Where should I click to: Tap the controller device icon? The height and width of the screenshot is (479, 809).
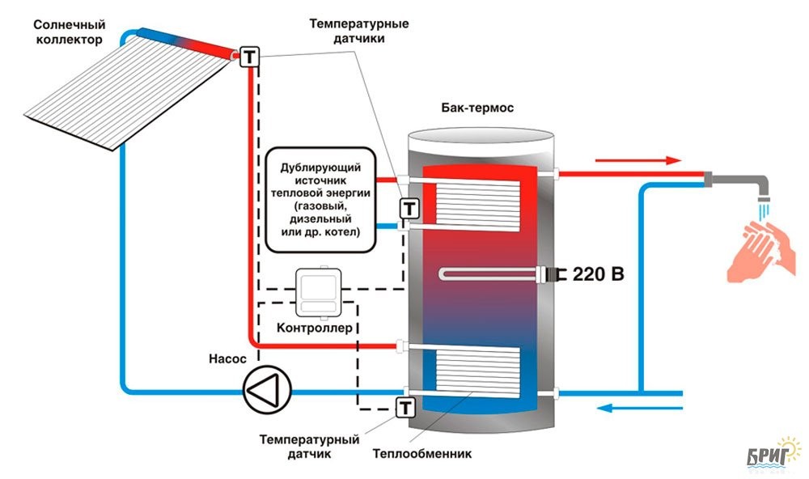coord(318,292)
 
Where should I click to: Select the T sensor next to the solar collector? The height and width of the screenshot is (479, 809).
coord(249,57)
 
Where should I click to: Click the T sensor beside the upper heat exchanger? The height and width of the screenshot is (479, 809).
coord(410,208)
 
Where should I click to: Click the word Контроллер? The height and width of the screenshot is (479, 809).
coord(315,329)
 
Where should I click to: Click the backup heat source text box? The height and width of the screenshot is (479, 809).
coord(320,197)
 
